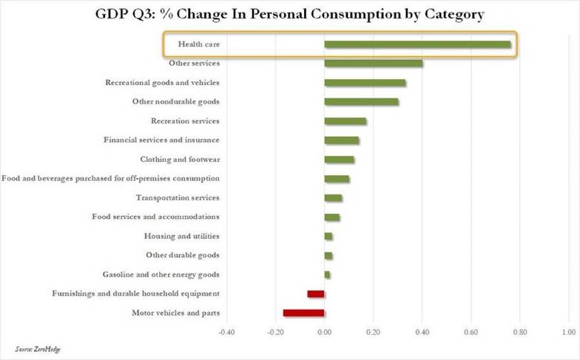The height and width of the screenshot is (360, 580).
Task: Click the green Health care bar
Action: click(x=417, y=44)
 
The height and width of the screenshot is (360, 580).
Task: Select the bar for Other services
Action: click(x=374, y=64)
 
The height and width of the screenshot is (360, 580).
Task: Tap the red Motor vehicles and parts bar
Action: click(x=303, y=313)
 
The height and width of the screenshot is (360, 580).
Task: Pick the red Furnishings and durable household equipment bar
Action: click(x=316, y=294)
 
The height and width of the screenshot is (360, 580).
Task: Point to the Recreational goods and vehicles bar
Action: click(x=365, y=83)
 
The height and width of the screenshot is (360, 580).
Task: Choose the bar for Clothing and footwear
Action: click(x=339, y=160)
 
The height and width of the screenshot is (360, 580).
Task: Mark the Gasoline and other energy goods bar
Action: click(x=327, y=275)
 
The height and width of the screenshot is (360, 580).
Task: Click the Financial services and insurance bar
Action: click(x=342, y=140)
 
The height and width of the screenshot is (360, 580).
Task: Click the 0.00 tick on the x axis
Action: click(x=324, y=333)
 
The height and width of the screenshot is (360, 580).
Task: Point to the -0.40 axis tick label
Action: click(x=226, y=333)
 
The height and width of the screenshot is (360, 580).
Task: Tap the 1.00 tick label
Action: click(x=569, y=333)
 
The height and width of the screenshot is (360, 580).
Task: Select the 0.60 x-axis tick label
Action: click(x=471, y=333)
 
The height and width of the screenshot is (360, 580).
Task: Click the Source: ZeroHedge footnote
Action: click(x=37, y=349)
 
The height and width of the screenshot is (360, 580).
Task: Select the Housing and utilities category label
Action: click(x=182, y=236)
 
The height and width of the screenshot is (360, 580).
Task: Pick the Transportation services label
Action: click(x=178, y=198)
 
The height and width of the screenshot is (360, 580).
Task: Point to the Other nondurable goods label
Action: click(x=176, y=102)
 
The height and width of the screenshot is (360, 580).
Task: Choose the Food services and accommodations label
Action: click(x=155, y=217)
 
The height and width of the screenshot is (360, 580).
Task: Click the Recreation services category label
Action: click(x=185, y=121)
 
